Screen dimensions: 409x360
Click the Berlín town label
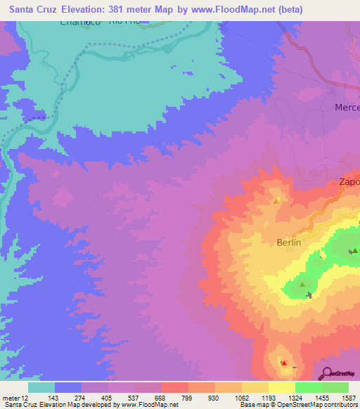pos(288,242)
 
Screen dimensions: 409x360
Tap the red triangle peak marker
pos(283,363)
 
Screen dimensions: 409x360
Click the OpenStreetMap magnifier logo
pos(328,372)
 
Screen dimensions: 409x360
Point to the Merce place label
pos(345,108)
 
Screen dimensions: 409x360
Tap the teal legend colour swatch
pos(41,387)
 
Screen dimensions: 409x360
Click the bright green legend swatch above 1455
pos(308,387)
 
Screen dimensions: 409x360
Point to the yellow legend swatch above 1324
pos(281,387)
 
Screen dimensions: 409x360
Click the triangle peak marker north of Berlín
pos(276,201)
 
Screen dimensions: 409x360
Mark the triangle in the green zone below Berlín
pos(302,285)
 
